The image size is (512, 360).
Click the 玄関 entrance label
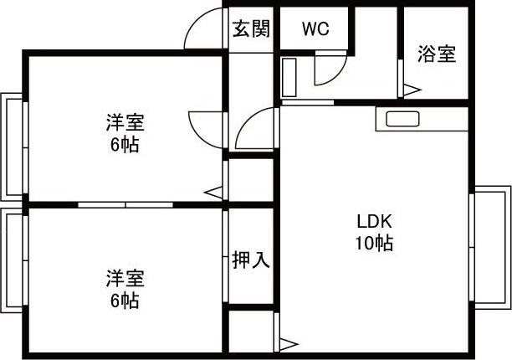(251, 29)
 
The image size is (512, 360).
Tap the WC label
(315, 29)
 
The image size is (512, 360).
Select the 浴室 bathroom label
(437, 54)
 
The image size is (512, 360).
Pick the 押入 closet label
(250, 260)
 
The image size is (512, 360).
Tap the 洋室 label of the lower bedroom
(125, 277)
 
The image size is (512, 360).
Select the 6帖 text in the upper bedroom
(125, 144)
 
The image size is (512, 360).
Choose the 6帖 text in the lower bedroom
(125, 299)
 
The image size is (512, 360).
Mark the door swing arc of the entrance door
(201, 29)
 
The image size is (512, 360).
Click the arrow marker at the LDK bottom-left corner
(289, 342)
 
